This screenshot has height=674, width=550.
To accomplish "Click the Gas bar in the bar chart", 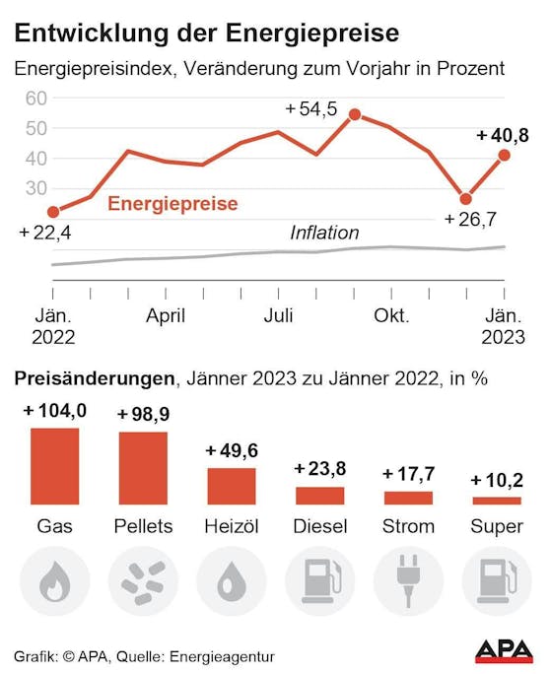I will (54, 466).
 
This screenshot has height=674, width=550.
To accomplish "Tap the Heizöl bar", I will (231, 486).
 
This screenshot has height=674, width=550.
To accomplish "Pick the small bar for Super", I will (497, 501).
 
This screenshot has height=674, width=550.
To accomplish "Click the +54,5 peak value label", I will (310, 109).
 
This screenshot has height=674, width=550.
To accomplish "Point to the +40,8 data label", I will (503, 135).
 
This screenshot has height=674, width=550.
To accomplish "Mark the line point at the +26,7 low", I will (465, 199).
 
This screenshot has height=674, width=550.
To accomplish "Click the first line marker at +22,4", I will (53, 211).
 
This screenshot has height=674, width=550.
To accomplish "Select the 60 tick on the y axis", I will (36, 99).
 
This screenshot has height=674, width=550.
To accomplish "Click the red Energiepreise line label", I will (172, 204).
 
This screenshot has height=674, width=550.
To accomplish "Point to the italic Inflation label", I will (324, 234).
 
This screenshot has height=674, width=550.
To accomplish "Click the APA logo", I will (504, 650).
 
